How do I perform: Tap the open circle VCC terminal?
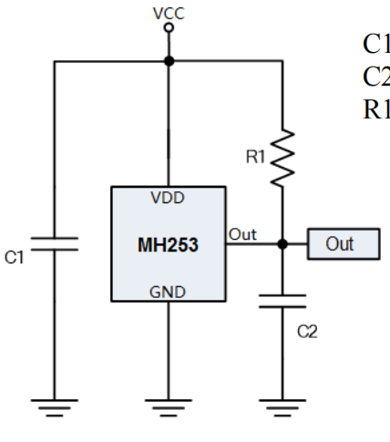coord(168,27)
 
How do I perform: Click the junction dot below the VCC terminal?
coord(168,61)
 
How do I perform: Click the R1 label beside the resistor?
coord(255,157)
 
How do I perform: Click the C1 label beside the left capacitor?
coord(14,259)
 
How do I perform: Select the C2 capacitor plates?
coord(282,301)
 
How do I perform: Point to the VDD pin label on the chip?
coord(168,198)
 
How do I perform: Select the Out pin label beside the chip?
coord(241,234)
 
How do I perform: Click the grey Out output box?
coord(343,244)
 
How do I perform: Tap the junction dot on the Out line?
coord(282,244)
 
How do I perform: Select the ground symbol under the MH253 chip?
coord(168,405)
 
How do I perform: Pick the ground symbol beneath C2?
coord(282,405)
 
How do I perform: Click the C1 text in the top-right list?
coord(375,44)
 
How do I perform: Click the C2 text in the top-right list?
coord(375,76)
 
